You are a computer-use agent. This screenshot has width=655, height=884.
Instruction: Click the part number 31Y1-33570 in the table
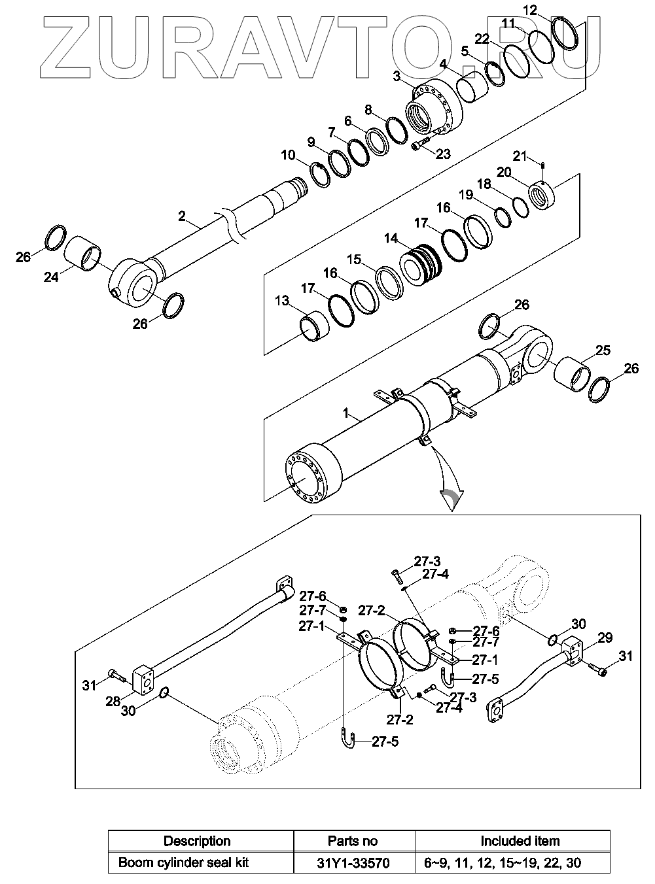[x=353, y=864]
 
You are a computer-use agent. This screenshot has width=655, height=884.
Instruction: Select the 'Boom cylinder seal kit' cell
[x=183, y=863]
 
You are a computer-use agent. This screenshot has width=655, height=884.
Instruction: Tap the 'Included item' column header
[x=520, y=841]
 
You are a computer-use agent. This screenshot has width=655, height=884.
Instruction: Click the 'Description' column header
[x=197, y=841]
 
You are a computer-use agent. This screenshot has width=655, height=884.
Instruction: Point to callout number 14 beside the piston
[x=391, y=239]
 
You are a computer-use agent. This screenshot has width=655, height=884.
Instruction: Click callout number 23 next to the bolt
[x=443, y=154]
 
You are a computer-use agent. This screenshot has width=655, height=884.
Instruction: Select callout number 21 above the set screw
[x=520, y=156]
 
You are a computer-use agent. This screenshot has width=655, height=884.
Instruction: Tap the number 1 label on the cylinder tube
[x=345, y=413]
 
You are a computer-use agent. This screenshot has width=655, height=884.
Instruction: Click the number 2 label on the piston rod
[x=182, y=216]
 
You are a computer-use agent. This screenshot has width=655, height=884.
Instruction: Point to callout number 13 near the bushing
[x=282, y=300]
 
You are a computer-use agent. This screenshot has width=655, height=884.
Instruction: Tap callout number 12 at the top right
[x=530, y=10]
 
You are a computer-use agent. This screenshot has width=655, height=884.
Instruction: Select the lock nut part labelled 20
[x=542, y=195]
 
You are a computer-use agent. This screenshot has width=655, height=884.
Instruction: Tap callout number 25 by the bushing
[x=603, y=350]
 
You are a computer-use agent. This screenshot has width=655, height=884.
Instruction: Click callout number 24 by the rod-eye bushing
[x=51, y=277]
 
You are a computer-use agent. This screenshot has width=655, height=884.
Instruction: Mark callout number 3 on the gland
[x=396, y=76]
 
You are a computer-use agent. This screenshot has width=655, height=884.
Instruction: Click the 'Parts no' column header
[x=353, y=841]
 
